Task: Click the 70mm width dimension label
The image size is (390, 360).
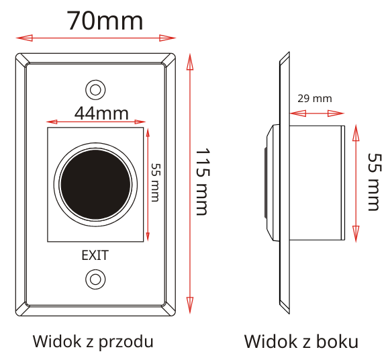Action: click(105, 21)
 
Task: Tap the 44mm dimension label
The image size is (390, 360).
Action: click(101, 114)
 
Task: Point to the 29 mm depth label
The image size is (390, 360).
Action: click(315, 99)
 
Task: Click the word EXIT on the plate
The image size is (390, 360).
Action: click(95, 255)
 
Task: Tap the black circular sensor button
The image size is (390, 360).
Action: click(95, 184)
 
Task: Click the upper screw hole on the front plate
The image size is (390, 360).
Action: click(95, 90)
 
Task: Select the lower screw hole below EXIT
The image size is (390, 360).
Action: click(95, 279)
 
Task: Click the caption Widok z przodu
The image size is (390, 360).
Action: click(93, 342)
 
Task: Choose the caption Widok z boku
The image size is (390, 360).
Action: click(301, 341)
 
